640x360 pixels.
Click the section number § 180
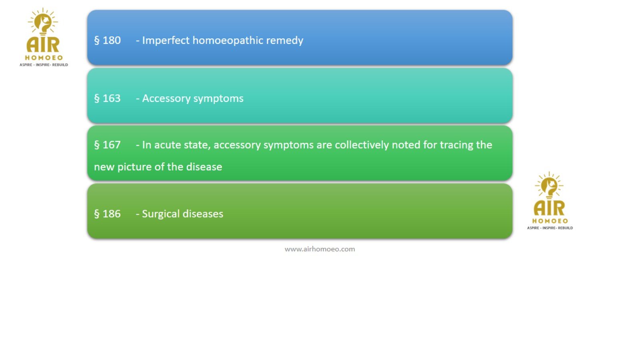(108, 40)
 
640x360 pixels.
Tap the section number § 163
(108, 98)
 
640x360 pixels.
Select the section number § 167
(108, 145)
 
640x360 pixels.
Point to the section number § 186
(108, 214)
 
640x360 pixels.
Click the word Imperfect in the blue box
(166, 40)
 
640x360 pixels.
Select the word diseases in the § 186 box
(203, 214)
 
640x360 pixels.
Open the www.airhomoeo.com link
(320, 249)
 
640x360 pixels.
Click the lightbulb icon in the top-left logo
(43, 22)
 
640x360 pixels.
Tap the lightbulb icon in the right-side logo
(549, 186)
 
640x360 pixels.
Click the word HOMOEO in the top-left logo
(44, 58)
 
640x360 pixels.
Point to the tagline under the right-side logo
(550, 228)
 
